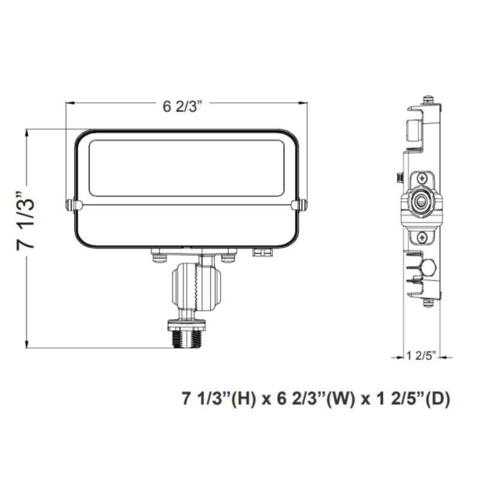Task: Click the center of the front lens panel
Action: pyautogui.click(x=186, y=167)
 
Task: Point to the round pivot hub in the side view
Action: pyautogui.click(x=423, y=203)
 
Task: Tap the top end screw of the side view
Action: pyautogui.click(x=427, y=99)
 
